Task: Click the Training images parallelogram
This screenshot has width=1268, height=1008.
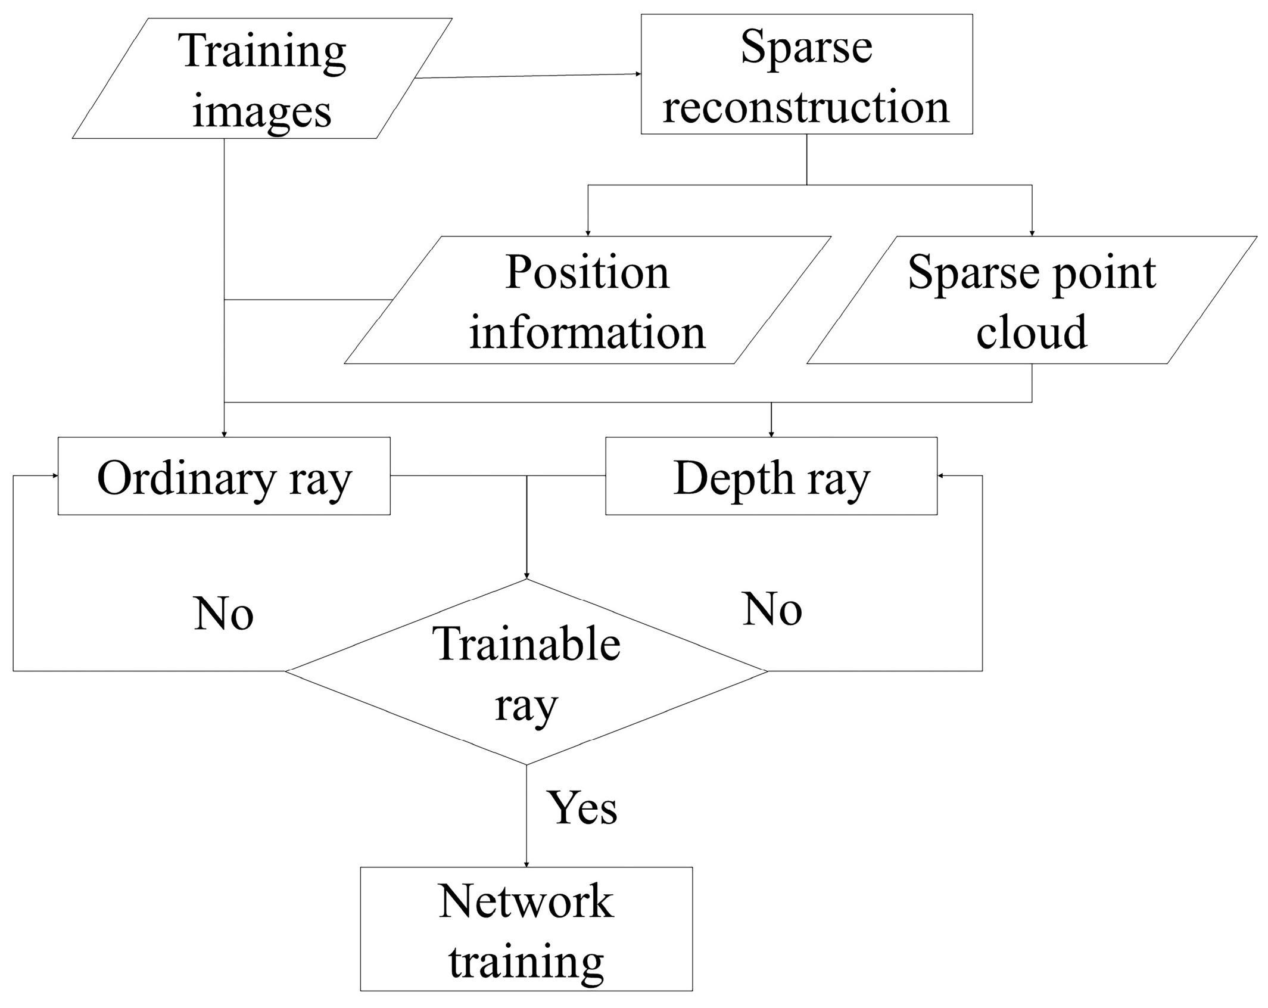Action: pyautogui.click(x=262, y=79)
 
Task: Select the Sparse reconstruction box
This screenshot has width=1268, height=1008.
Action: pyautogui.click(x=806, y=74)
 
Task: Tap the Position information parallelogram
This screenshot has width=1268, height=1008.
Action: pyautogui.click(x=587, y=300)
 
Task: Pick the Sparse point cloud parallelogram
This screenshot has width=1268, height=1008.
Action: pyautogui.click(x=1031, y=300)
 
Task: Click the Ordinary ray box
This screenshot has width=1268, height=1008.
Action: pyautogui.click(x=224, y=476)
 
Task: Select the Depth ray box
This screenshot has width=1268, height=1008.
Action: pyautogui.click(x=771, y=476)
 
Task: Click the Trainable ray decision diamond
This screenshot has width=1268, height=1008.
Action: pyautogui.click(x=526, y=671)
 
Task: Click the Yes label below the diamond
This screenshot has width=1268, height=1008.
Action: pyautogui.click(x=582, y=808)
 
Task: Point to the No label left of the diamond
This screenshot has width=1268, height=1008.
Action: pyautogui.click(x=223, y=614)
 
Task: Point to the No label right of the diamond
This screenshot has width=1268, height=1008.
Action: pyautogui.click(x=772, y=609)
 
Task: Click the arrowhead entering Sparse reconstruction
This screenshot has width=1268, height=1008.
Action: pyautogui.click(x=638, y=74)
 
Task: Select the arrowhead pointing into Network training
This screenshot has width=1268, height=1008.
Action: pyautogui.click(x=526, y=864)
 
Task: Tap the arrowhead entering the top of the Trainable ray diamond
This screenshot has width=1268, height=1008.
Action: pyautogui.click(x=526, y=575)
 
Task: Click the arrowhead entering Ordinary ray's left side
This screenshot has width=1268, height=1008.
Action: pyautogui.click(x=55, y=475)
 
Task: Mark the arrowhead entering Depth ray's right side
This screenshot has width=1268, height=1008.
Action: pyautogui.click(x=941, y=475)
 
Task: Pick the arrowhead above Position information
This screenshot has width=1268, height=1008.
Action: pyautogui.click(x=588, y=233)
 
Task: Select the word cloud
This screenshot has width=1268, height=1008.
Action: pyautogui.click(x=1031, y=331)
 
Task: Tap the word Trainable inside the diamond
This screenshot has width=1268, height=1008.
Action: pyautogui.click(x=526, y=645)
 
